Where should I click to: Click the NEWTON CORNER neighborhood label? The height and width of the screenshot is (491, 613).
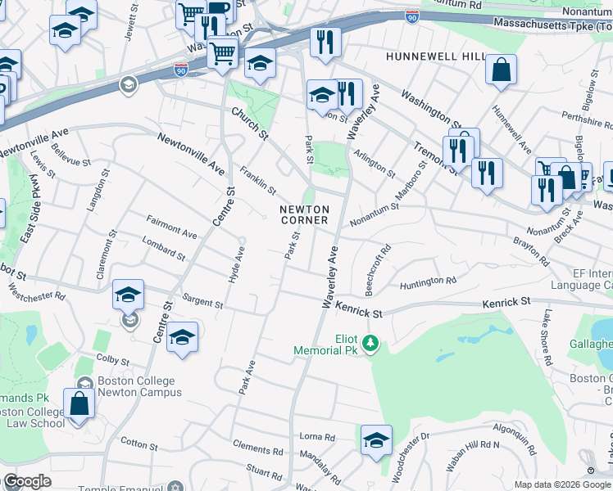tap(304, 214)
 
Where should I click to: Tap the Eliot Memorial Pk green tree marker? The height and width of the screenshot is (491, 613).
tap(371, 342)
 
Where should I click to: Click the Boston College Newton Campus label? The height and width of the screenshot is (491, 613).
tap(136, 386)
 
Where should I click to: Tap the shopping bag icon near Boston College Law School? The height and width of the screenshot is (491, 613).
tap(79, 403)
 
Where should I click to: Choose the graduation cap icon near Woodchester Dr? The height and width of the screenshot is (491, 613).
tap(376, 439)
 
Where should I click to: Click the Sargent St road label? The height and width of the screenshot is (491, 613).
tap(202, 302)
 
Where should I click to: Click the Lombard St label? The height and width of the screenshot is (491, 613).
tap(163, 249)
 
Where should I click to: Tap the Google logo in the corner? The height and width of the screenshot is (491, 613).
tap(27, 481)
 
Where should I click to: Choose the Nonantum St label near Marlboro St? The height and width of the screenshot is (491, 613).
tap(374, 214)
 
